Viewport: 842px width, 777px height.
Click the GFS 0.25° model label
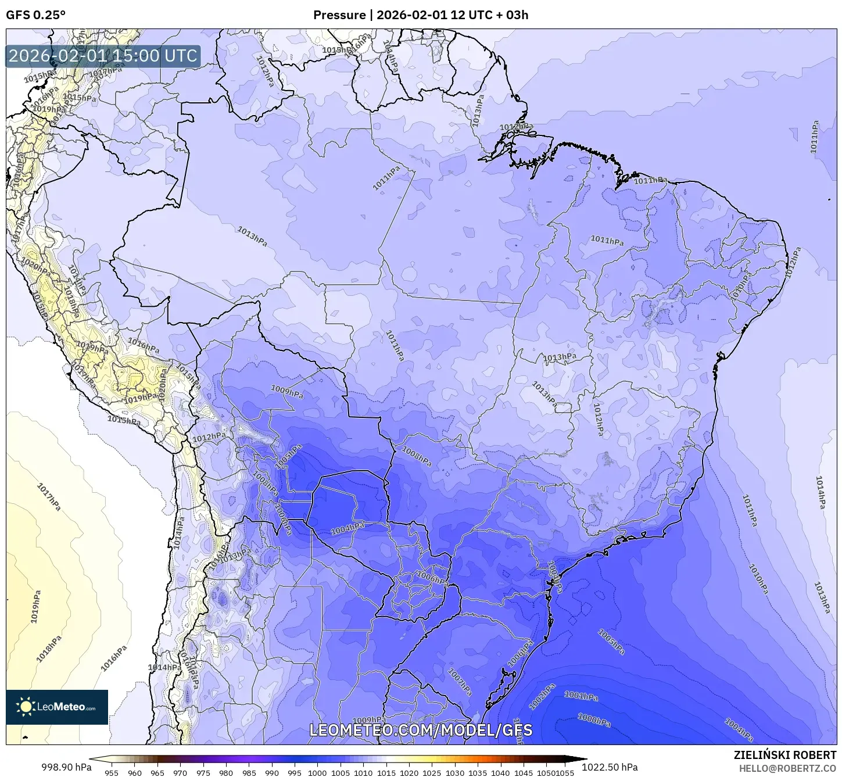(35, 15)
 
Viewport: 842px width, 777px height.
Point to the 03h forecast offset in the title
(517, 15)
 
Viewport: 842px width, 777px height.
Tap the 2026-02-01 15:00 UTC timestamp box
(103, 56)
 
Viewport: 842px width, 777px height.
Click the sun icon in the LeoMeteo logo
(26, 707)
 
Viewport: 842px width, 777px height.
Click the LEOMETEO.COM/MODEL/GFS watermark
(421, 730)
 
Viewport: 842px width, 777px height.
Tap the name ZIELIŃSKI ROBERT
(784, 755)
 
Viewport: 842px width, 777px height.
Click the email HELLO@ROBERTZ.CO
(787, 768)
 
